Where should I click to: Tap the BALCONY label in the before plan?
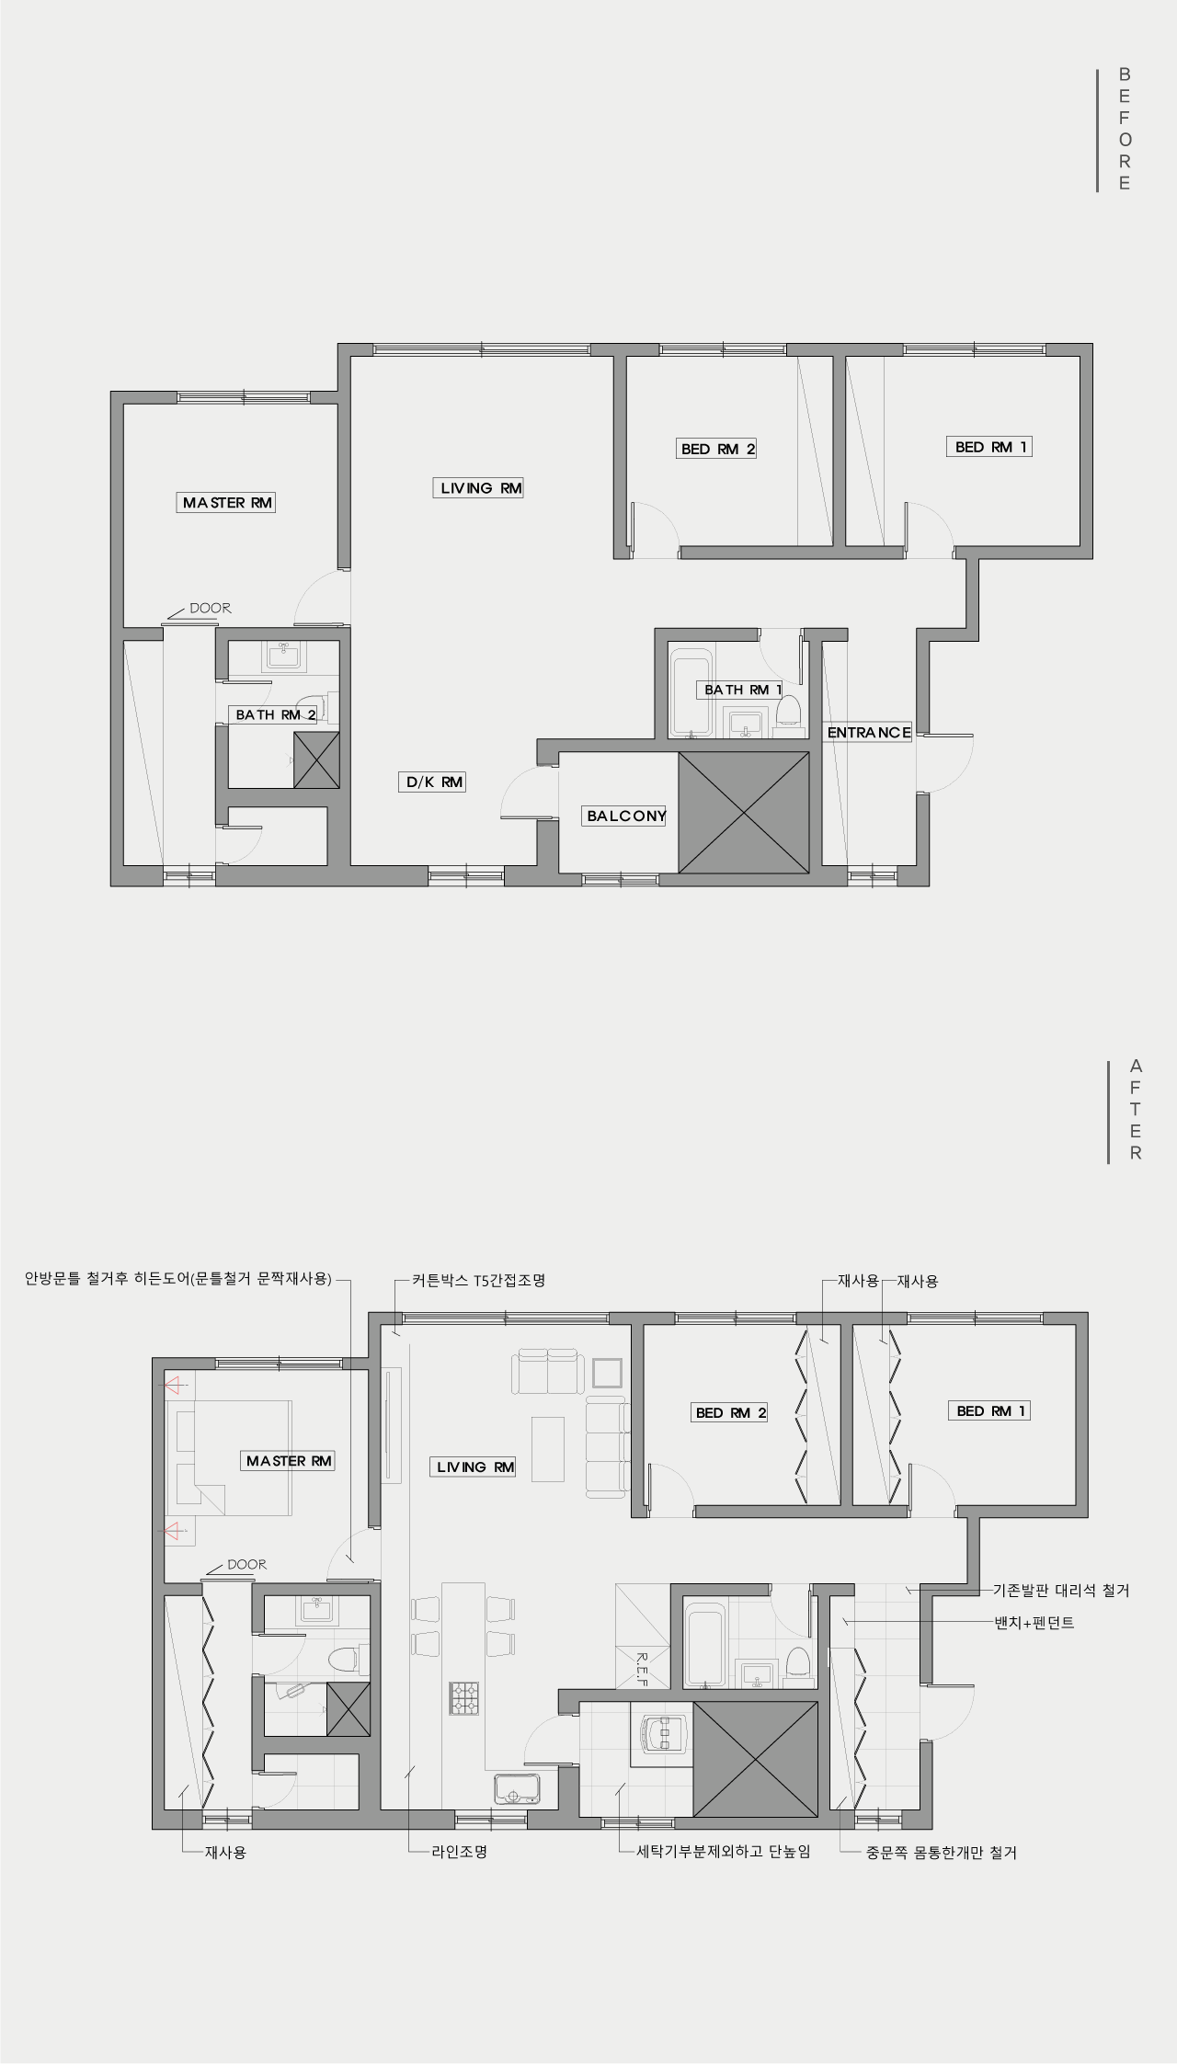point(626,816)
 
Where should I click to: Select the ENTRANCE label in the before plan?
point(869,733)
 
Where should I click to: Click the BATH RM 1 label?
point(743,690)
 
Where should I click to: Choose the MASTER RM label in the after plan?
point(289,1461)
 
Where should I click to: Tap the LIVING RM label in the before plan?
point(478,488)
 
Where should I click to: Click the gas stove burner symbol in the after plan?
point(463,1698)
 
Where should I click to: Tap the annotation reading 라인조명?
point(459,1852)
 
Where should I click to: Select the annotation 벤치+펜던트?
point(1034,1623)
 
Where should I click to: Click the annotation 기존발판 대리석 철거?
point(1061,1590)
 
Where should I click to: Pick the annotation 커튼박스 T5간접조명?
point(478,1280)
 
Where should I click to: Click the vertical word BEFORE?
point(1125,129)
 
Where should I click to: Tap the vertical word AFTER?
point(1136,1110)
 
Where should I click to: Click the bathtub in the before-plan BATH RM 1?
point(691,694)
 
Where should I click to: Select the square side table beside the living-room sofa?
point(609,1373)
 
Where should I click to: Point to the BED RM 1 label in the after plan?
point(989,1410)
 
